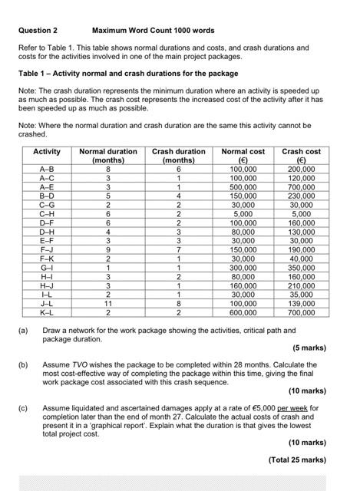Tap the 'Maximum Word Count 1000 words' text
pyautogui.click(x=153, y=31)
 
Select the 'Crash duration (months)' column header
pyautogui.click(x=178, y=156)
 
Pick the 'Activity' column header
pyautogui.click(x=47, y=152)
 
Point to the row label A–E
pyautogui.click(x=47, y=186)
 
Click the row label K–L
pyautogui.click(x=47, y=313)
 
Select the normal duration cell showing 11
pyautogui.click(x=107, y=305)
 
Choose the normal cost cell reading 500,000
pyautogui.click(x=243, y=186)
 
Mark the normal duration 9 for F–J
pyautogui.click(x=107, y=250)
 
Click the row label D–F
pyautogui.click(x=47, y=222)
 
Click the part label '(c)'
pyautogui.click(x=24, y=409)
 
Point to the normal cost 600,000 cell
pyautogui.click(x=243, y=313)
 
